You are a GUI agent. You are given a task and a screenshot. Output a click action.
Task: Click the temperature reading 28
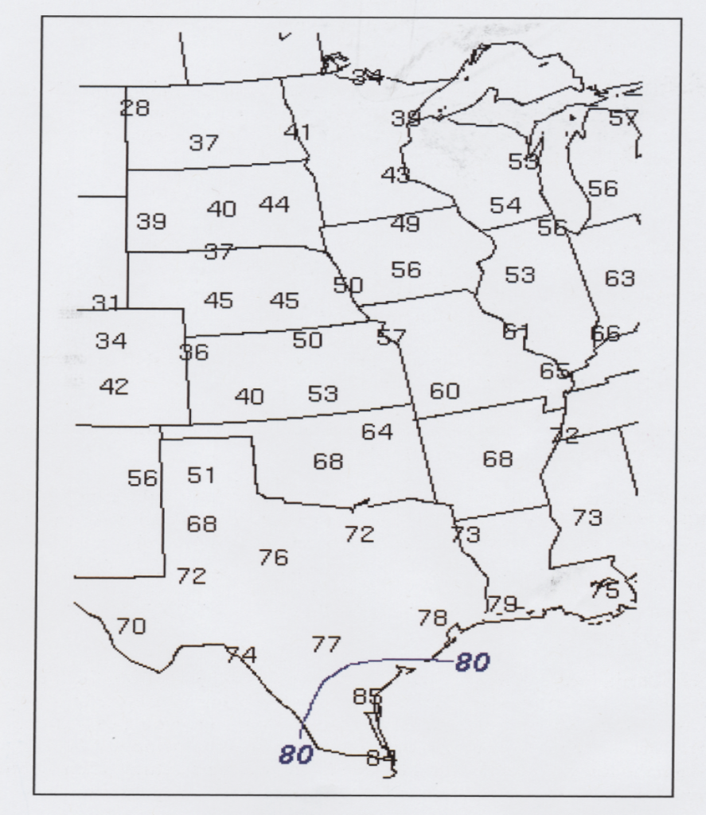click(x=135, y=108)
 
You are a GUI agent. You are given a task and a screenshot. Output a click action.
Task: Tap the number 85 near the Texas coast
click(x=367, y=697)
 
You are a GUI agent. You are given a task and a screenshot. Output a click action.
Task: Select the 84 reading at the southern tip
click(x=381, y=758)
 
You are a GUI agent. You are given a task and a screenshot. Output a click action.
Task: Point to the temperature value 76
click(x=273, y=558)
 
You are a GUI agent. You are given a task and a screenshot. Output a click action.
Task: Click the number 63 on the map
click(x=620, y=279)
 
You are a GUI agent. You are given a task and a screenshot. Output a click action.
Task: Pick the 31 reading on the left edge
click(x=106, y=302)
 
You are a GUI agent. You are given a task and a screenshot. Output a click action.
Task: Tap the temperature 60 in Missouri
click(x=445, y=391)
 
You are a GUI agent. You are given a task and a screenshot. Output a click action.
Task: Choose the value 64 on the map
click(x=377, y=432)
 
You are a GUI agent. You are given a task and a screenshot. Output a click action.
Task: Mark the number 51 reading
click(x=201, y=475)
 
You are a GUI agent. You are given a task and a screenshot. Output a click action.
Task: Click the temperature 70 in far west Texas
click(x=131, y=626)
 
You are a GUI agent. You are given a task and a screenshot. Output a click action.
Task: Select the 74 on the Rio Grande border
click(x=241, y=655)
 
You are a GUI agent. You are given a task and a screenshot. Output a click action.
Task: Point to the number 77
click(x=326, y=644)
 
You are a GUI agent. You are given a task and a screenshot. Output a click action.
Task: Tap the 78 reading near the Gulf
click(x=433, y=618)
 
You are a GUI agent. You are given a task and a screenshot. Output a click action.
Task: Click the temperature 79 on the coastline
click(x=501, y=604)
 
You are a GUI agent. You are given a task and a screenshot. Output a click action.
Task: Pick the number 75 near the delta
click(x=605, y=591)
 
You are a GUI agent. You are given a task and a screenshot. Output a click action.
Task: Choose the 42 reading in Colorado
click(x=114, y=387)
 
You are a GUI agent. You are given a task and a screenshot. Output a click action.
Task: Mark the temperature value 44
click(x=275, y=205)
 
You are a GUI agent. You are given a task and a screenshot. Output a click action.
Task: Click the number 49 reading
click(x=405, y=224)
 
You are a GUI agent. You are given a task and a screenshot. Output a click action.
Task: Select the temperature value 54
click(x=505, y=205)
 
